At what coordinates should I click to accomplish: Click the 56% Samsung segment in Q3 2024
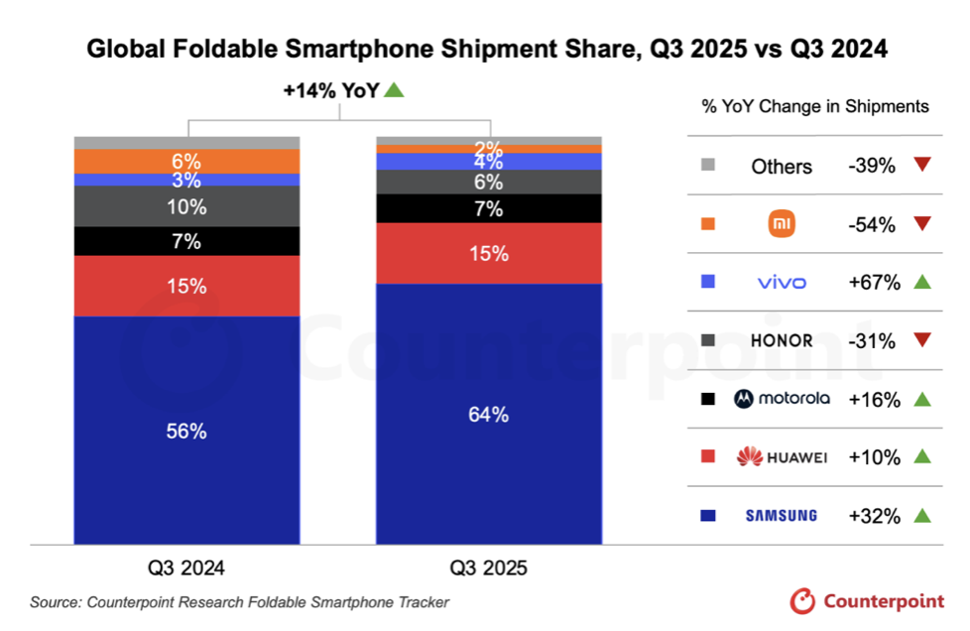[186, 431]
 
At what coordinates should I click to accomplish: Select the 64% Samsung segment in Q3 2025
[489, 414]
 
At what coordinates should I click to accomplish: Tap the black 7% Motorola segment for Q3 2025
[489, 208]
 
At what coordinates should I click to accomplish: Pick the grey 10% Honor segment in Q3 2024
[186, 206]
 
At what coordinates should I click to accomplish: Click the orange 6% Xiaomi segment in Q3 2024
[186, 161]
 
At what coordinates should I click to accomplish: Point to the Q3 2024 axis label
[186, 568]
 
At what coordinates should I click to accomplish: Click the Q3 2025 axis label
[489, 568]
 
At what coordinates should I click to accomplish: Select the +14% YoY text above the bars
[330, 90]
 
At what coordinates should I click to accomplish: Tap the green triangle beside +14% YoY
[394, 90]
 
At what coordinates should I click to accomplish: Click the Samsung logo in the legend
[782, 515]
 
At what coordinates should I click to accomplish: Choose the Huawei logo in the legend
[782, 457]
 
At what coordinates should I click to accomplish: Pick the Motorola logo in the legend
[782, 399]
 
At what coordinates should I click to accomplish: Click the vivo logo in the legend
[782, 283]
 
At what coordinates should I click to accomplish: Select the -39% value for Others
[872, 166]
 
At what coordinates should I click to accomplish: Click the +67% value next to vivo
[874, 283]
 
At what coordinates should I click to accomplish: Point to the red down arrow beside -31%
[922, 340]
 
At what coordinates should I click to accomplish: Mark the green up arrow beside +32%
[922, 515]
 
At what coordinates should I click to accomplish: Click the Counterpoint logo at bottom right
[867, 600]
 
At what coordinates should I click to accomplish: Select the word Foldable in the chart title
[198, 49]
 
